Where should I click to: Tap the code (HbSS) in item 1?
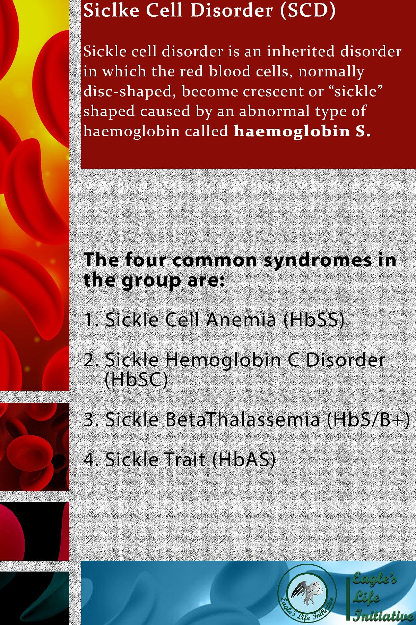click(314, 320)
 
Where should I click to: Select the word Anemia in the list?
click(241, 319)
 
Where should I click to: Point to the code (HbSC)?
click(136, 380)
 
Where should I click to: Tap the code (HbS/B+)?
click(369, 419)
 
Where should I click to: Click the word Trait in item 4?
click(185, 459)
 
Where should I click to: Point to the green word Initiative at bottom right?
click(383, 615)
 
